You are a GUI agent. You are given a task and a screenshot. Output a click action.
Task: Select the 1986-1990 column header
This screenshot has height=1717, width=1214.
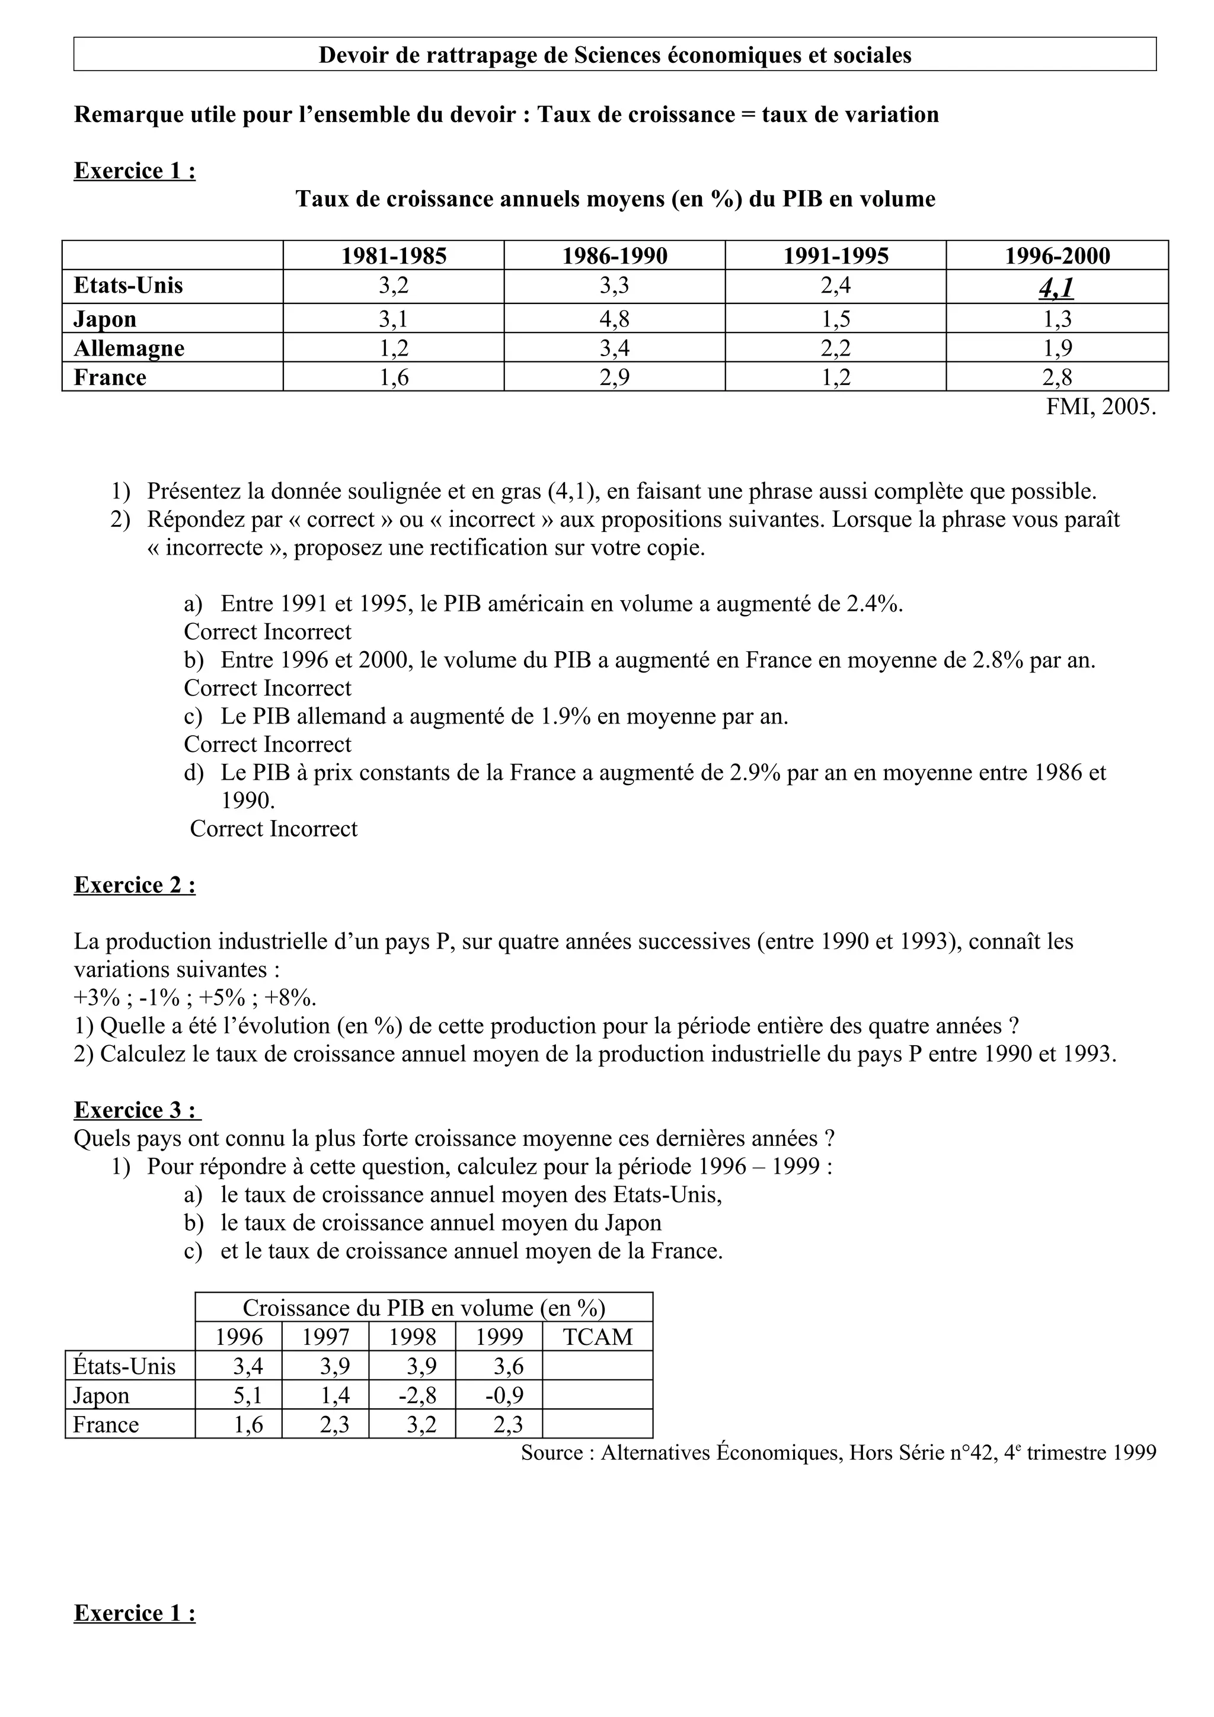tap(614, 256)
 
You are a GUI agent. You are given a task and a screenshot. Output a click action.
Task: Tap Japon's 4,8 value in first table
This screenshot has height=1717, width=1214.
tap(614, 319)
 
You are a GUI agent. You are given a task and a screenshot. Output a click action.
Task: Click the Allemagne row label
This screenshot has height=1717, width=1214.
tap(129, 348)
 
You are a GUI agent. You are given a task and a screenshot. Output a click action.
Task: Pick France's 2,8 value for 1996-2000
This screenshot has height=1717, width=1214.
tap(1056, 377)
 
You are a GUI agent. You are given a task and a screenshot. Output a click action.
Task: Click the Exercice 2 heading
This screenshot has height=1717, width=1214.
tap(135, 885)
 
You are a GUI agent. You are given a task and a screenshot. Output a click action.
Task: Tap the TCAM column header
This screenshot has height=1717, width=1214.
tap(597, 1338)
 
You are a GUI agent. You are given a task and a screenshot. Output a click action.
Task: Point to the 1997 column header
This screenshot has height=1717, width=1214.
tap(325, 1338)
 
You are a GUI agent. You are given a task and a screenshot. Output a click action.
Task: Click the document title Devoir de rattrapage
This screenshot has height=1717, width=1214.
tap(614, 55)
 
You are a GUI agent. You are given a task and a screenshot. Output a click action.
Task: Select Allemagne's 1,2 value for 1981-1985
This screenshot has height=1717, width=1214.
tap(394, 348)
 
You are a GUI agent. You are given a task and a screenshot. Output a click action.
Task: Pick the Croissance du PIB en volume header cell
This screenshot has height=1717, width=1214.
tap(423, 1309)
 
